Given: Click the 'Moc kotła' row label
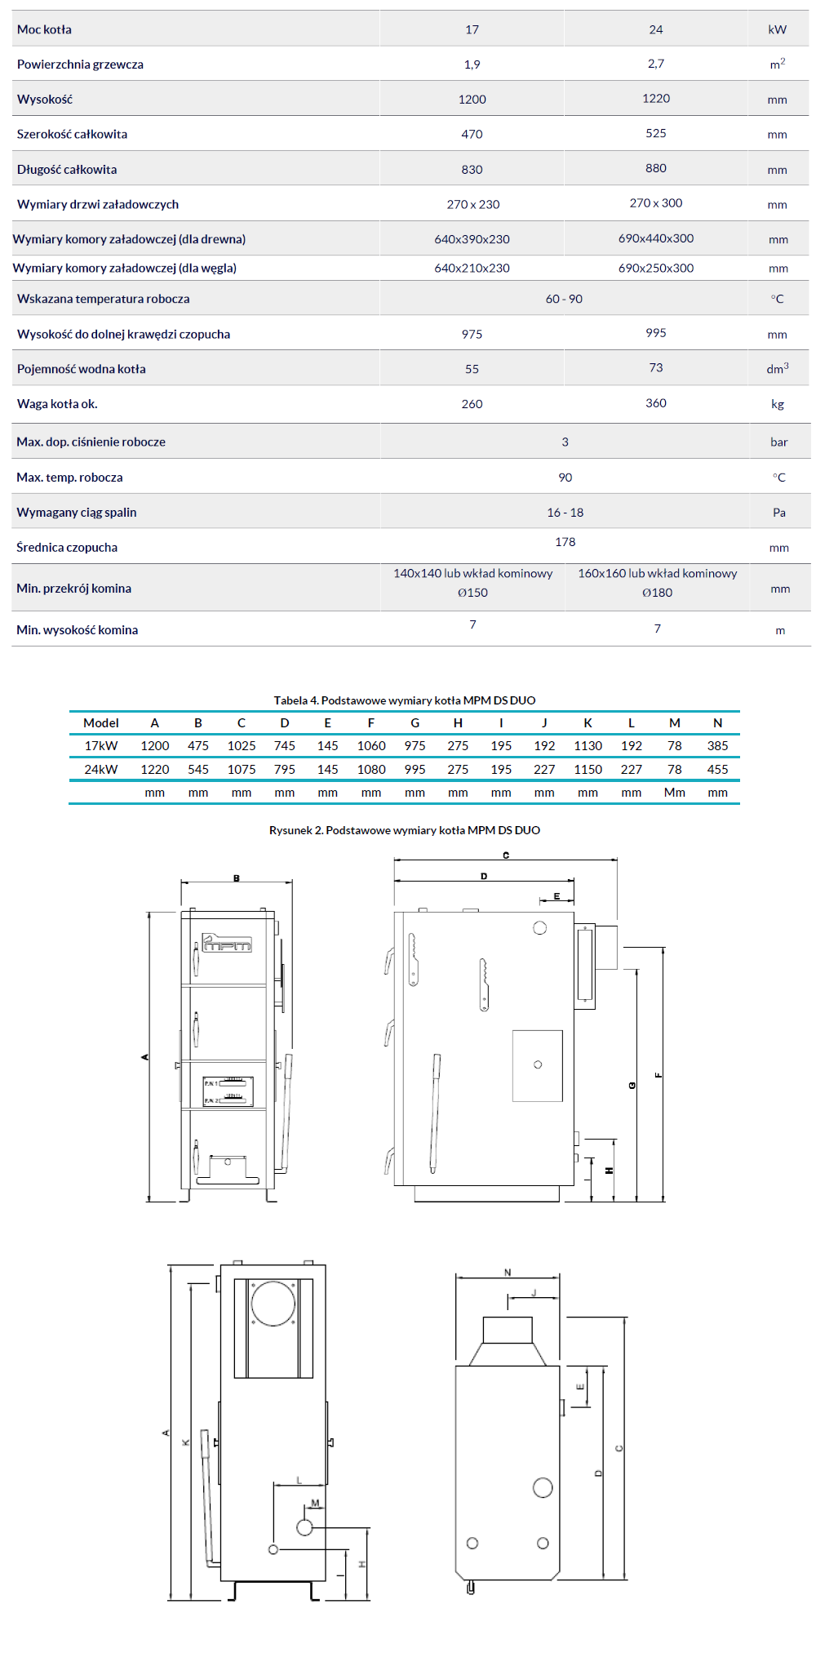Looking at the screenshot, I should tap(44, 29).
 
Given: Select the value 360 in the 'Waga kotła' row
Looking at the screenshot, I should tap(655, 403).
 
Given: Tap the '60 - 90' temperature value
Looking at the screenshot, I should tap(564, 299).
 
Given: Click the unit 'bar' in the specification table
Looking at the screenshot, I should tap(778, 442).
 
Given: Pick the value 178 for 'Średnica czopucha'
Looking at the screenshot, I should tap(565, 542).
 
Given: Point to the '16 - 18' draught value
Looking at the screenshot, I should tap(565, 513).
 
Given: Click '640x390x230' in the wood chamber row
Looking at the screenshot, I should tap(472, 239).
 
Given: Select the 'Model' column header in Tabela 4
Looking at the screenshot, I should tap(101, 722).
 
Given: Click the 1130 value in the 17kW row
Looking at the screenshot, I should tap(588, 745).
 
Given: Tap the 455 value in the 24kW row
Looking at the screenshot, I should tap(717, 769).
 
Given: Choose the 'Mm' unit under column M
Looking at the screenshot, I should tap(674, 792).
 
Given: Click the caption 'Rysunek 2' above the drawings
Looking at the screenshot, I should tap(404, 830).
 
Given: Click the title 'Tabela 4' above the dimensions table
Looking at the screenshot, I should tap(404, 700).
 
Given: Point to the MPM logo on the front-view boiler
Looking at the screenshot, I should tap(228, 943).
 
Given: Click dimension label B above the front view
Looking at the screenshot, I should tap(237, 878).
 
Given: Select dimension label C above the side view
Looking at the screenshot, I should tap(506, 855).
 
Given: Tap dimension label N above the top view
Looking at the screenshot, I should tap(508, 1273).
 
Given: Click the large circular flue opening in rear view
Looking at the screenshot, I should tap(273, 1304).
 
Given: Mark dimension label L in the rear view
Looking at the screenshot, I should tap(299, 1480).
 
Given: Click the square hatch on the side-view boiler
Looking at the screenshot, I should tap(537, 1065).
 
